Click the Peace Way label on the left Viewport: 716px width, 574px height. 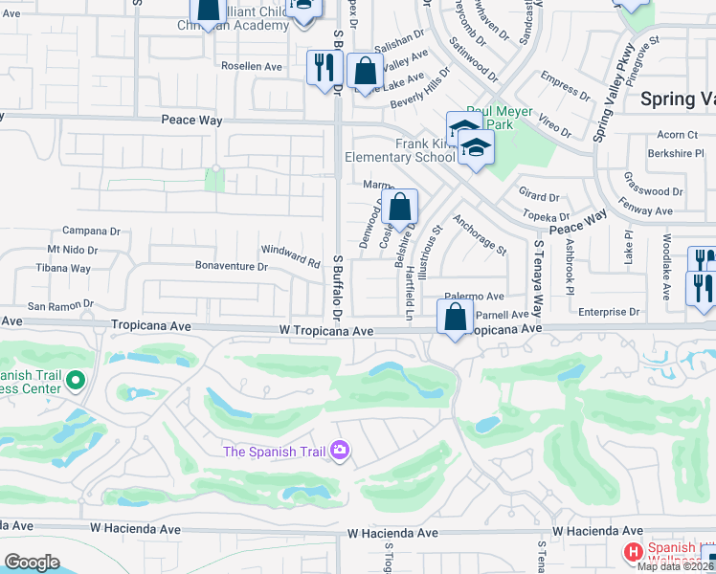click(x=191, y=121)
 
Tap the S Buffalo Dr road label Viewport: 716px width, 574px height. click(x=337, y=287)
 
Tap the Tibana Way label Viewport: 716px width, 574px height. click(x=63, y=269)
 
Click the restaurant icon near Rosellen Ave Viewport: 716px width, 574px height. click(x=324, y=67)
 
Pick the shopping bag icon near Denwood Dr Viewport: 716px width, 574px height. click(x=400, y=206)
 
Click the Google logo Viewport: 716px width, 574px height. click(x=31, y=563)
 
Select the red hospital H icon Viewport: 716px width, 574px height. click(x=633, y=552)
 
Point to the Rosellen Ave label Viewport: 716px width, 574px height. click(x=252, y=67)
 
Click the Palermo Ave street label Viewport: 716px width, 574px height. click(x=475, y=297)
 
